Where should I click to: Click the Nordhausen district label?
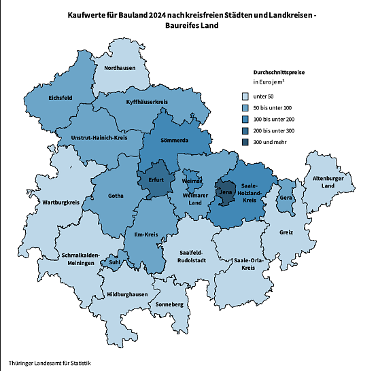(118, 67)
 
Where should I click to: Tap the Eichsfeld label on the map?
(61, 98)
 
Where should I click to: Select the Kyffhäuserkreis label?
(147, 102)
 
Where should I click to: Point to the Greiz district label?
(286, 232)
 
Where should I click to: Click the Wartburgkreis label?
(61, 202)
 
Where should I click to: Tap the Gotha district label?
(116, 196)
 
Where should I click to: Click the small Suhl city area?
(114, 262)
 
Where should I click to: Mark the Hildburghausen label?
(127, 294)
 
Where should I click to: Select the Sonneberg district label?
(169, 304)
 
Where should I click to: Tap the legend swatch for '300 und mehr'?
(246, 141)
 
